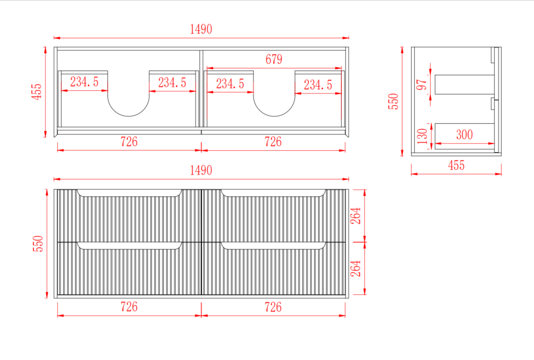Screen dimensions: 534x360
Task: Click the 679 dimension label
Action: pyautogui.click(x=274, y=59)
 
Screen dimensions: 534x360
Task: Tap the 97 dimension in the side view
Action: pyautogui.click(x=422, y=85)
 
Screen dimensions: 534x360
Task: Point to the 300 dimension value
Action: pyautogui.click(x=464, y=135)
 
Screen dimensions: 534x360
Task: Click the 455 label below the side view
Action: pyautogui.click(x=456, y=165)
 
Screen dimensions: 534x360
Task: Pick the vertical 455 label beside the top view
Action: pyautogui.click(x=37, y=92)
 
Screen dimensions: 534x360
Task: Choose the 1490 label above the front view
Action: pyautogui.click(x=201, y=170)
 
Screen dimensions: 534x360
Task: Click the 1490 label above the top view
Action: pyautogui.click(x=201, y=29)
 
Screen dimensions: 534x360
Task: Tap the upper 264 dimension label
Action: pyautogui.click(x=355, y=216)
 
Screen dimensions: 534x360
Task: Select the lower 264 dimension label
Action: pyautogui.click(x=355, y=269)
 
